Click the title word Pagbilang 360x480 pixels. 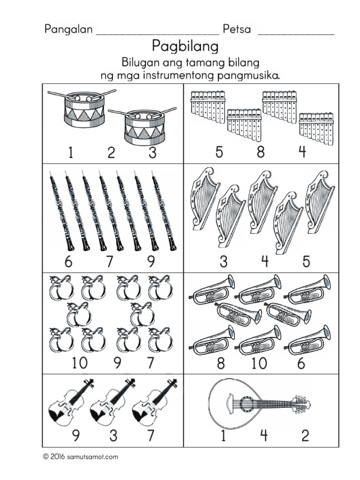pyautogui.click(x=186, y=47)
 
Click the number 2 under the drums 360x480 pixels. pyautogui.click(x=111, y=153)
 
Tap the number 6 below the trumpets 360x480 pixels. pyautogui.click(x=301, y=363)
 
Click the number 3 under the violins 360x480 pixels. pyautogui.click(x=113, y=436)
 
